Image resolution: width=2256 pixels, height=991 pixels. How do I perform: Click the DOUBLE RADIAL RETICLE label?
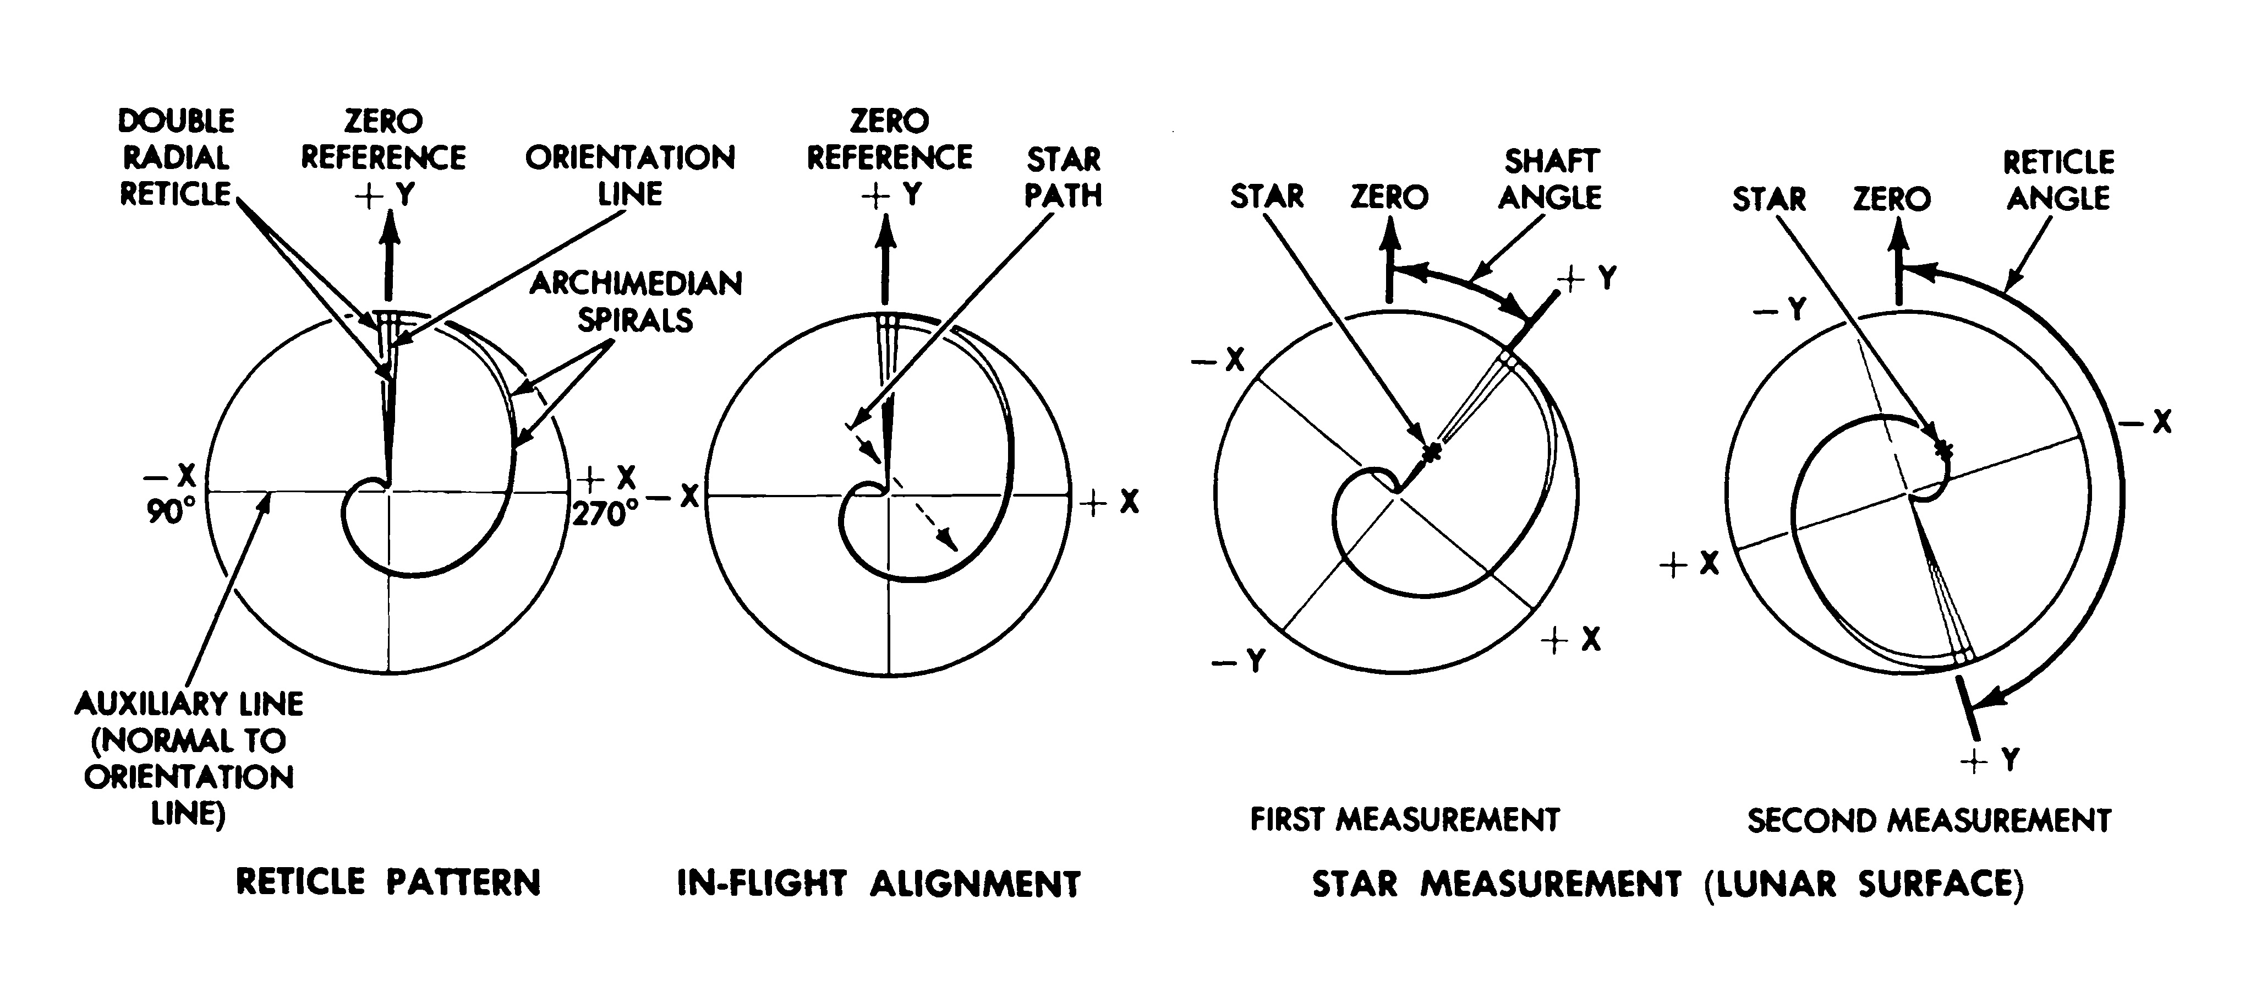[177, 157]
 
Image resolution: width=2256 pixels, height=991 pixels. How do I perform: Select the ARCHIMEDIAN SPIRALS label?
[636, 301]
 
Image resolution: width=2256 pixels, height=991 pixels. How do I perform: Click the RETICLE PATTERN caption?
[388, 881]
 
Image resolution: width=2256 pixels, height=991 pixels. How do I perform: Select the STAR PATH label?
[1063, 177]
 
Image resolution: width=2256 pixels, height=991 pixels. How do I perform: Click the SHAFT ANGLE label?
[1550, 179]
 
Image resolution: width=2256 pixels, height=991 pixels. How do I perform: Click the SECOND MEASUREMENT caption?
[1929, 821]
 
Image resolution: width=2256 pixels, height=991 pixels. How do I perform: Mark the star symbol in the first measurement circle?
[1432, 452]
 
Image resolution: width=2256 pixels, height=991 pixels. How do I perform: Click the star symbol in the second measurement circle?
[1943, 449]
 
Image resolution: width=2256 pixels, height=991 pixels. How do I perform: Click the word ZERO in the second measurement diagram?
[1892, 199]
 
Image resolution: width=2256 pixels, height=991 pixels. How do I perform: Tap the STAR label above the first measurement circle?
[1266, 196]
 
